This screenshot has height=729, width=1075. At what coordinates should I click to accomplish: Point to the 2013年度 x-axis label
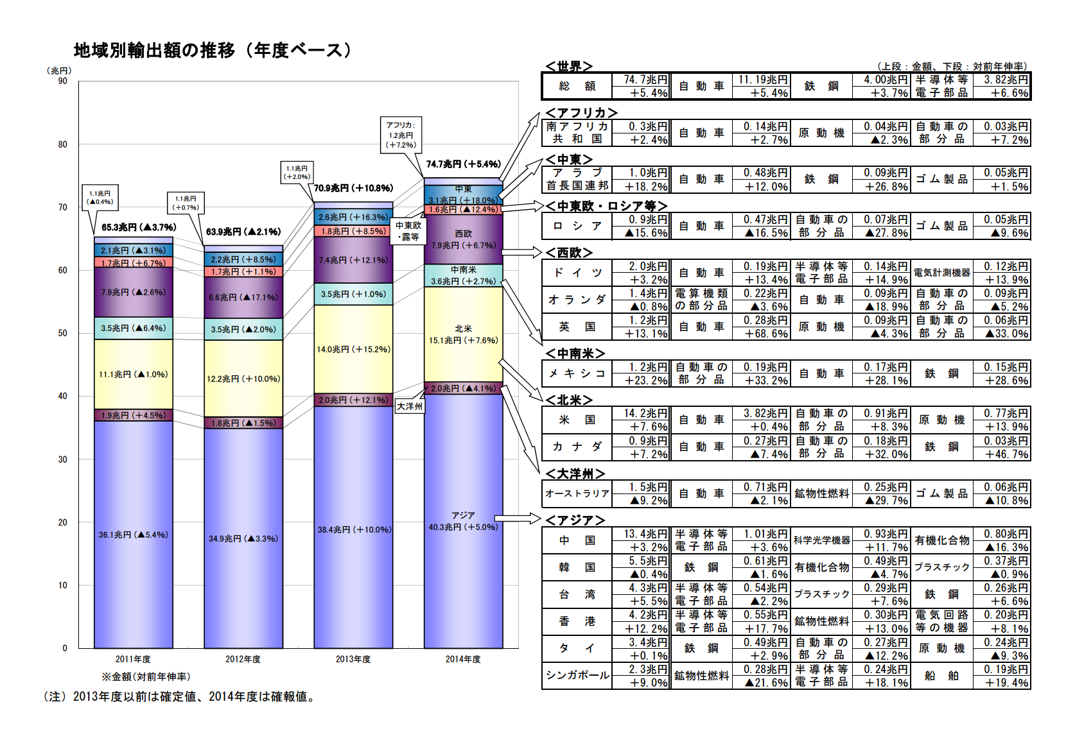coord(353,659)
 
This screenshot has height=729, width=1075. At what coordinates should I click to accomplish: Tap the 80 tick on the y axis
coord(62,144)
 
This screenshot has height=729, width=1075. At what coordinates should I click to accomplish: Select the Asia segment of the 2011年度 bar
coord(133,534)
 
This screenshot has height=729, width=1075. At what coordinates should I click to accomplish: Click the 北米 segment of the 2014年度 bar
coord(463,334)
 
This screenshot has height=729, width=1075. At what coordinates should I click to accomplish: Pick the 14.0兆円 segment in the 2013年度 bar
coord(353,349)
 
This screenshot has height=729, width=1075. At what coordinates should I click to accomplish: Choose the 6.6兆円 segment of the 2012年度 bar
coord(243,297)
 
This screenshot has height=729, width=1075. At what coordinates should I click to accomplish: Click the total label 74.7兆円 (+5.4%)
coord(463,164)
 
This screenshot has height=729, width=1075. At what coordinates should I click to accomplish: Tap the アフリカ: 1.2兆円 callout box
coord(401,135)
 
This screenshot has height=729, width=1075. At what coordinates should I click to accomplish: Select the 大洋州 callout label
coord(410,406)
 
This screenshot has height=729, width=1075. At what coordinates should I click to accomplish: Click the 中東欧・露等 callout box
coord(408,231)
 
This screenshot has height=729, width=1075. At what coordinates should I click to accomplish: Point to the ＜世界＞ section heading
coord(568,66)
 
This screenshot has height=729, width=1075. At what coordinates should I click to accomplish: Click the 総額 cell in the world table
coord(577,86)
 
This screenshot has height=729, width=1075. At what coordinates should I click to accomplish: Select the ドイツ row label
coord(577,273)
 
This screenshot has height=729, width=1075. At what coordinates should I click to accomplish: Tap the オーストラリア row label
coord(577,493)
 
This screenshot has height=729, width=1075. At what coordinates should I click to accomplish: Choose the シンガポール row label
coord(577,675)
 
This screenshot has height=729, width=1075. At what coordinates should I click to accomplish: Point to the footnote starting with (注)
coord(180,697)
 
